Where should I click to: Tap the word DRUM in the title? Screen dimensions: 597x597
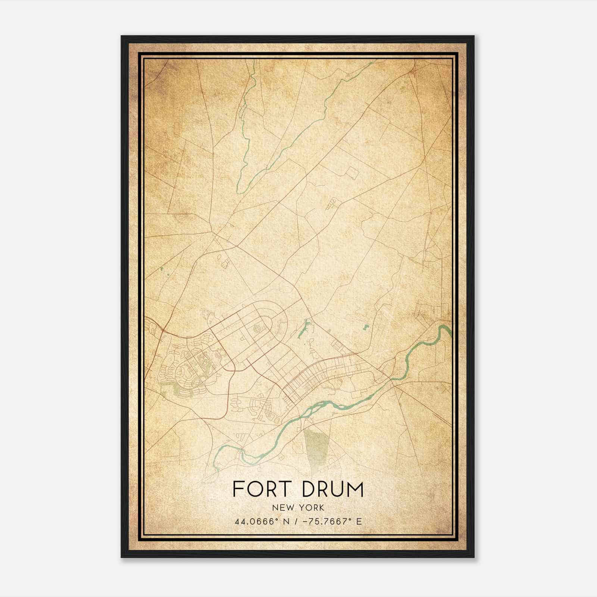coord(332,489)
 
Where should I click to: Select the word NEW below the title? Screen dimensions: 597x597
coord(281,507)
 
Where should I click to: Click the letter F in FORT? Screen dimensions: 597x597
coord(237,489)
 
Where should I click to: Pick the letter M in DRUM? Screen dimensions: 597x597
coord(354,489)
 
